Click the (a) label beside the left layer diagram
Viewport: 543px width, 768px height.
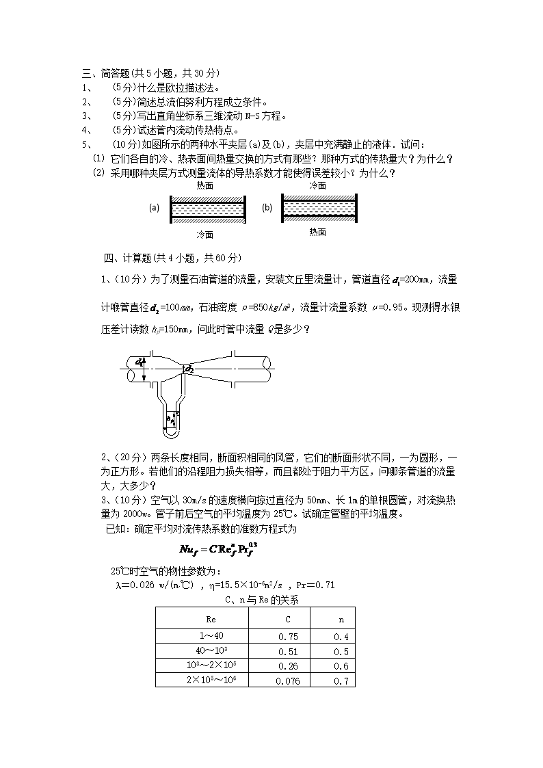(x=155, y=209)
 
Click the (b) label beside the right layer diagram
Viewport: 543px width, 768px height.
(x=267, y=208)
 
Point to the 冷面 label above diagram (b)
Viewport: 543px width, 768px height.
(x=317, y=185)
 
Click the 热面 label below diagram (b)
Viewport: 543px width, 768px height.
(x=317, y=232)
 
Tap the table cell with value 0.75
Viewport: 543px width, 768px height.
(x=287, y=636)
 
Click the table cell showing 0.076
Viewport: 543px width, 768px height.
(x=287, y=680)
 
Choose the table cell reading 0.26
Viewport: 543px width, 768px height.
(x=287, y=666)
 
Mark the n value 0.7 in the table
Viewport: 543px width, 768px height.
(x=341, y=680)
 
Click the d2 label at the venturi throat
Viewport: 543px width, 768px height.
(x=189, y=369)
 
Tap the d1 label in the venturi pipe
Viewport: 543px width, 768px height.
(x=140, y=361)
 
